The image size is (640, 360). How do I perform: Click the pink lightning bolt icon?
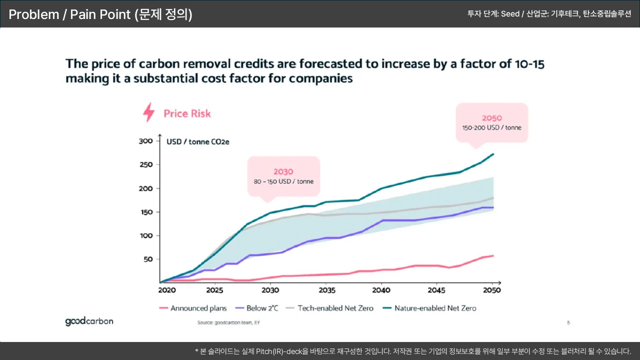click(x=149, y=112)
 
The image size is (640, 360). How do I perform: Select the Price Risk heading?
click(x=187, y=113)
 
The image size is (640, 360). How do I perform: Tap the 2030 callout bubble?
click(x=283, y=176)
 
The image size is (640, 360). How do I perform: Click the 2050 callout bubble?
click(x=491, y=122)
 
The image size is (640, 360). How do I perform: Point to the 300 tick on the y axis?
click(x=145, y=141)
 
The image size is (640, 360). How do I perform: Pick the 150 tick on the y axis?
click(x=145, y=212)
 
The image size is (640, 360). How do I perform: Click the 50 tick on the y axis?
click(x=147, y=259)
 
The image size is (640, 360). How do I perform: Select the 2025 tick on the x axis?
click(x=214, y=290)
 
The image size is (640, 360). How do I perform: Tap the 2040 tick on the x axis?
click(x=381, y=290)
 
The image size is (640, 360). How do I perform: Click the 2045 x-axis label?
click(x=437, y=290)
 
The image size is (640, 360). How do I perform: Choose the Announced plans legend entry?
click(x=193, y=308)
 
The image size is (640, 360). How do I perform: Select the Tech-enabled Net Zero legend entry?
click(x=329, y=308)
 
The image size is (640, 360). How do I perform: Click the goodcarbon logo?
click(x=89, y=321)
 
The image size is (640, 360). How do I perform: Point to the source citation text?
click(x=228, y=323)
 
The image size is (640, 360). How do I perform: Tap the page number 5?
click(x=568, y=322)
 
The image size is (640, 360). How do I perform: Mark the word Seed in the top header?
click(x=510, y=14)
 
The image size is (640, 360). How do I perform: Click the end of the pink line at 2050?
click(x=493, y=255)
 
